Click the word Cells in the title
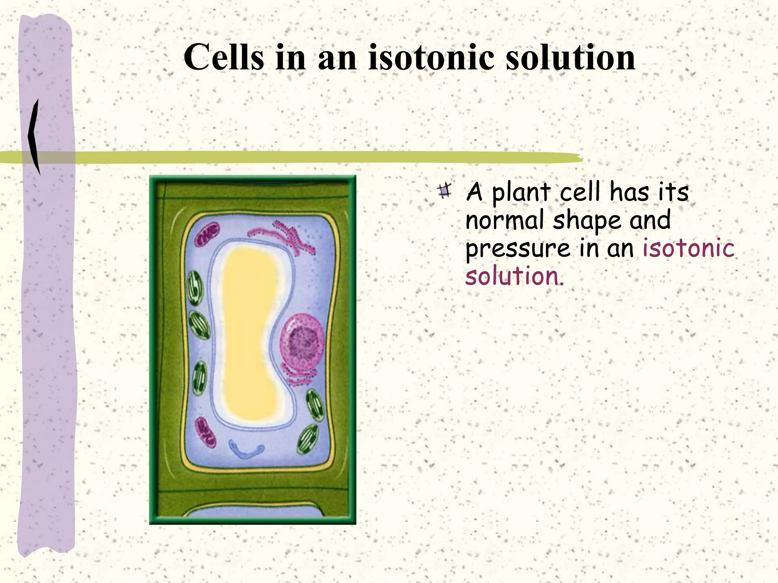(224, 57)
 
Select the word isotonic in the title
(432, 57)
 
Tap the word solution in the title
(571, 57)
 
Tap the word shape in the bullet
(587, 221)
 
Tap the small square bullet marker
(444, 191)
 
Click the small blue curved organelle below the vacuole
(247, 449)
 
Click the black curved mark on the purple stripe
(35, 137)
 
